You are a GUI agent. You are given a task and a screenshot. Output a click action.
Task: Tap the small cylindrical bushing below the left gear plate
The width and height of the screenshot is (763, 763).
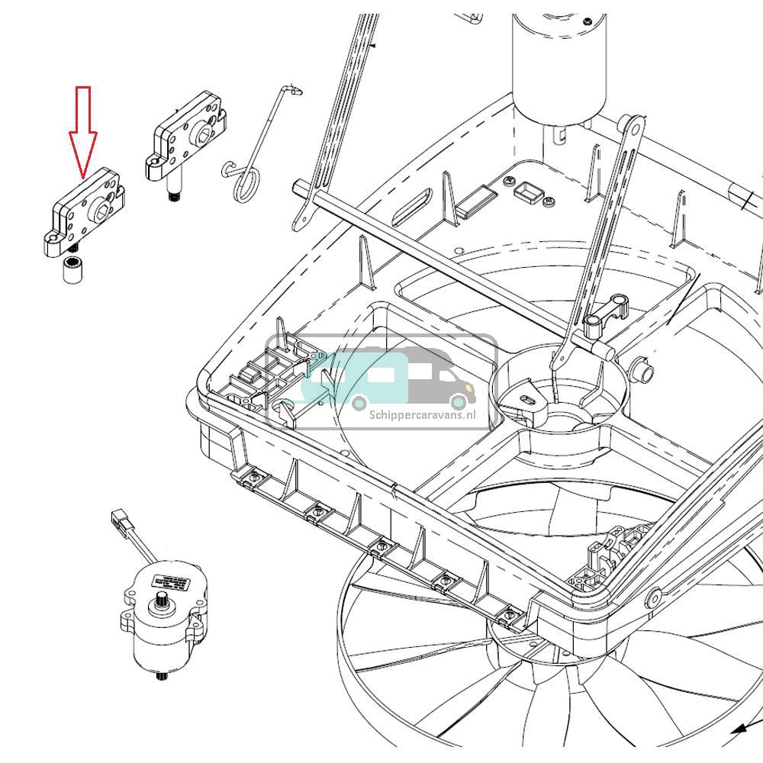click(72, 271)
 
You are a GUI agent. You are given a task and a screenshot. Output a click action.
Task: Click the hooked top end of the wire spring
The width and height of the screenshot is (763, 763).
click(293, 90)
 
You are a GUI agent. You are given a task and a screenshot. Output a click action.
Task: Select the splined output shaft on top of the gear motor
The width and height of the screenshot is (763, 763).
click(163, 607)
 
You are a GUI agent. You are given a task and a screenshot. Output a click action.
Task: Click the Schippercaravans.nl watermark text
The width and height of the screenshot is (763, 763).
click(421, 415)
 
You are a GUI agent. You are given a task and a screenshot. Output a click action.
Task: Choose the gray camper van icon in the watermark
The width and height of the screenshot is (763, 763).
click(443, 378)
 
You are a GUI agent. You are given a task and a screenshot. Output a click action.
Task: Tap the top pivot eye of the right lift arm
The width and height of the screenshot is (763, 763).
click(633, 124)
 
